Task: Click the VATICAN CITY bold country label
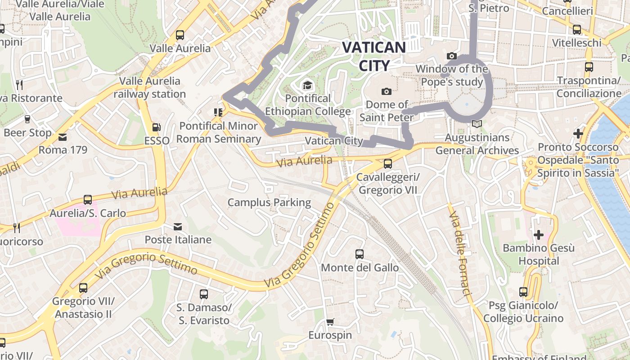374,56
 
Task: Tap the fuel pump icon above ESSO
156,128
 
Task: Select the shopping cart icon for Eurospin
330,322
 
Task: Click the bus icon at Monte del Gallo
359,254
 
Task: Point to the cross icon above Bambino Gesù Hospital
538,235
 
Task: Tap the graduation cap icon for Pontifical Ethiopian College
307,85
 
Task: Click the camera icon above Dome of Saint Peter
386,92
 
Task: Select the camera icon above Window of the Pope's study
451,56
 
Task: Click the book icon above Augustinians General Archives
477,124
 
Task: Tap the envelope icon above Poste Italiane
178,226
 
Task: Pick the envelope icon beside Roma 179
62,136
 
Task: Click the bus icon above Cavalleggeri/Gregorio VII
387,164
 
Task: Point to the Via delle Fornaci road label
459,254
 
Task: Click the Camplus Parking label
269,202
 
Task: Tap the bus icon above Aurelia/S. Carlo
88,200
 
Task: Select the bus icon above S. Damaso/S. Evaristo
203,294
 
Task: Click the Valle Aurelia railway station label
149,88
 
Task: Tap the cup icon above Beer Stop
27,119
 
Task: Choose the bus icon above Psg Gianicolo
523,292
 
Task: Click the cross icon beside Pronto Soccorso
578,134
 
